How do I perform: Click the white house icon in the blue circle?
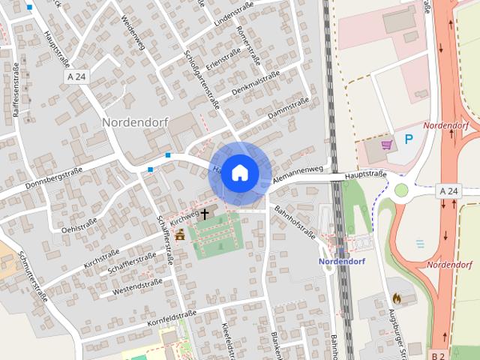238,172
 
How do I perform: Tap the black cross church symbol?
204,214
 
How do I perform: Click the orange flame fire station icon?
396,298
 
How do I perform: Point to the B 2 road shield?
439,354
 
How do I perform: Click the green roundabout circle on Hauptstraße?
402,190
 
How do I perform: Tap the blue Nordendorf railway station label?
341,262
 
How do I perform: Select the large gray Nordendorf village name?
135,121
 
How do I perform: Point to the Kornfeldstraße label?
172,318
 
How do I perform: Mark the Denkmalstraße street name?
255,83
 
